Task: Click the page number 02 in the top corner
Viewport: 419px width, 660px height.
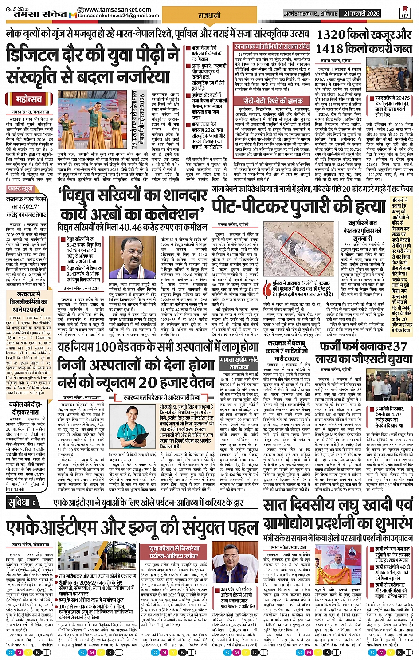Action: coord(404,14)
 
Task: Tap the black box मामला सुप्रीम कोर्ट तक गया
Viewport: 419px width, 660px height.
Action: coord(238,364)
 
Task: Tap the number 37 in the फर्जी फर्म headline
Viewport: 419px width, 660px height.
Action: coord(399,346)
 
